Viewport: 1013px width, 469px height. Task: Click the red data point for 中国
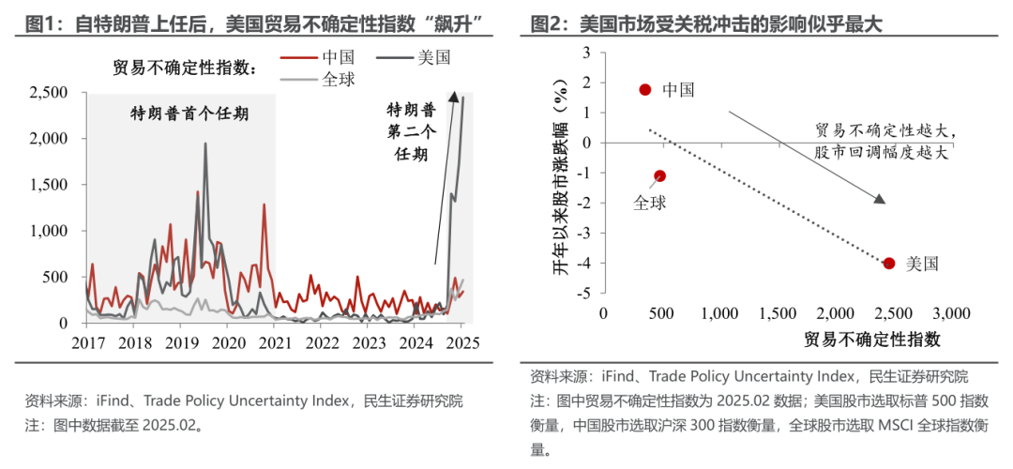(x=644, y=89)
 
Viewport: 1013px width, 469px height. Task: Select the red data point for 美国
(x=888, y=263)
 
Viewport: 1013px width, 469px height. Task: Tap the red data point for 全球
(x=659, y=175)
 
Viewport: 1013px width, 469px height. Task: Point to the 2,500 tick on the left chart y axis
(x=48, y=93)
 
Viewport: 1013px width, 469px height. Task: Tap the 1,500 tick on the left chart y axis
(x=48, y=185)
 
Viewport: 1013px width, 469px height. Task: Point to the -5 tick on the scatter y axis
(x=587, y=293)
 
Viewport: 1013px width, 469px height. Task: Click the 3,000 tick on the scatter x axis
(x=950, y=312)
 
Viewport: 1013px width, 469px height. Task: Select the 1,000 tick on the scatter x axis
(x=718, y=312)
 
